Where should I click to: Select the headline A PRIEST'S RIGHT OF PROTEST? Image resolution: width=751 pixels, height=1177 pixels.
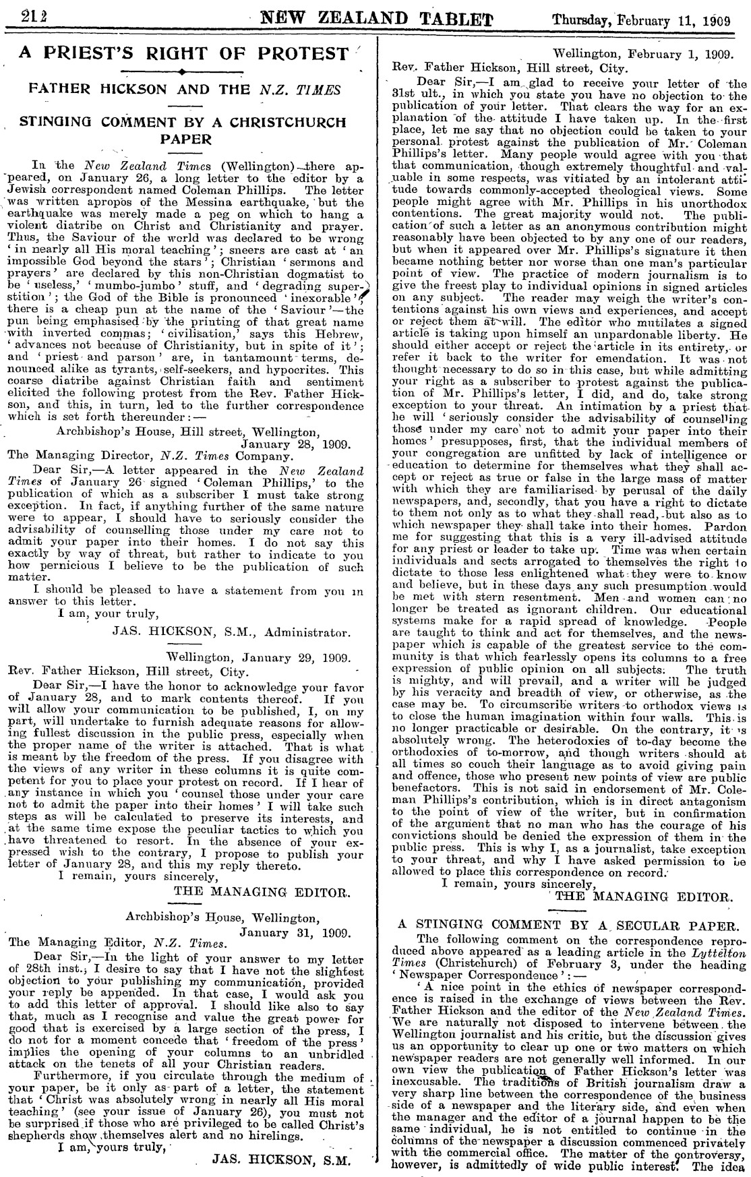184,54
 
